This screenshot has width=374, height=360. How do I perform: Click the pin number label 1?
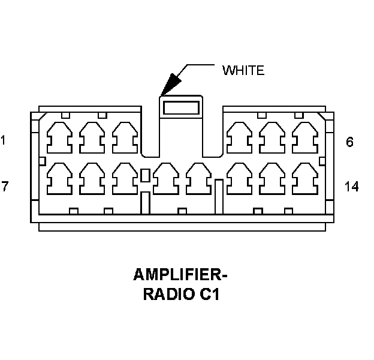[x=3, y=140]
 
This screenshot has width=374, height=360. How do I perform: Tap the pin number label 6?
[x=349, y=142]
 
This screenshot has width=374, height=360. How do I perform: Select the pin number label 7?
[x=5, y=186]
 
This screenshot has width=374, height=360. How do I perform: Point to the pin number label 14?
[x=352, y=187]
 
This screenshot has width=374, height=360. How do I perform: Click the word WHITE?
[x=243, y=70]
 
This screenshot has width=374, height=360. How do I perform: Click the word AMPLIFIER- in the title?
[x=180, y=275]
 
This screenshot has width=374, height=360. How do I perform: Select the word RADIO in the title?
[x=168, y=294]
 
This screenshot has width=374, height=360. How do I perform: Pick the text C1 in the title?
[x=209, y=294]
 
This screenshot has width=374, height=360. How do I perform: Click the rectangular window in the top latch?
[x=181, y=107]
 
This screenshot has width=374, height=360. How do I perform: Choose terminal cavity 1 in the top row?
[x=59, y=138]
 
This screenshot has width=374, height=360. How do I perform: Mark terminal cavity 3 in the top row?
[x=125, y=138]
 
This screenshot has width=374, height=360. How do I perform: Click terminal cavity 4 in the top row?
[x=240, y=138]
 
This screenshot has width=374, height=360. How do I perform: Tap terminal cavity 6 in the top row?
[x=305, y=138]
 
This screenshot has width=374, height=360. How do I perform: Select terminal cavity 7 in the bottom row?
[x=59, y=179]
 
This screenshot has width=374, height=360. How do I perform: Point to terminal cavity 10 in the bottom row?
[x=166, y=179]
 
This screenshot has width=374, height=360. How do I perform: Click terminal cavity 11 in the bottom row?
[x=199, y=179]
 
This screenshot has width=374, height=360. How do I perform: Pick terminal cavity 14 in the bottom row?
[x=305, y=179]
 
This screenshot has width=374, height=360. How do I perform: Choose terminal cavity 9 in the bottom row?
[x=125, y=179]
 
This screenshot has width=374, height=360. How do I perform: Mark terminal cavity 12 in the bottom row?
[x=240, y=179]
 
